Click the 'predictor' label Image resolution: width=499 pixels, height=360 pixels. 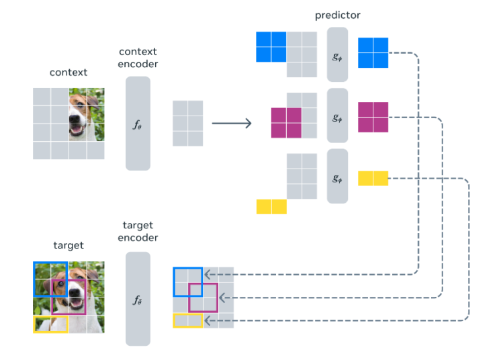coord(338,15)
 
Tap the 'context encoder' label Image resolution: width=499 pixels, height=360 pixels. coord(138,58)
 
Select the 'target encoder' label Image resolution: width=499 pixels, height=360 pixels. coord(138,232)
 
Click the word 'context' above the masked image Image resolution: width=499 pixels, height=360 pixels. coord(69,73)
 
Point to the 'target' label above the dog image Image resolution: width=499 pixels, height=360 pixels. coord(69,245)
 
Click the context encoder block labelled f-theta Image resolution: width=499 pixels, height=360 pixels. coord(138,123)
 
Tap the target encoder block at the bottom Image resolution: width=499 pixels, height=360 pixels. coord(138,299)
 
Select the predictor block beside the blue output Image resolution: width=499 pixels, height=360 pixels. coord(337,54)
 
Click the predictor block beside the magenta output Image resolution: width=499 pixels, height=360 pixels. coord(337,116)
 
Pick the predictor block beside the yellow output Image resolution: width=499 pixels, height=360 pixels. coord(337,176)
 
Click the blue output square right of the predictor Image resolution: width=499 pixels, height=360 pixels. coord(373,53)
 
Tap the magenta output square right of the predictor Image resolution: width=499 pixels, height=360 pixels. coord(373,117)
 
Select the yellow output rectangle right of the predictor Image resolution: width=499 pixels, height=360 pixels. coord(373,178)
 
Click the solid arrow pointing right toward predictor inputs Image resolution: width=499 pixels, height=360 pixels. coord(232,123)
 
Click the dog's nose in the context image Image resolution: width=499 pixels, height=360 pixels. coord(75,119)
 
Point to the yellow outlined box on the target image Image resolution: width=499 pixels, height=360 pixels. coord(51,316)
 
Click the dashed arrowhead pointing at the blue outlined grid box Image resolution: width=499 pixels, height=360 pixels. coord(207,275)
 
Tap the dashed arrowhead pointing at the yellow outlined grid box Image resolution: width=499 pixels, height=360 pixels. coord(207,320)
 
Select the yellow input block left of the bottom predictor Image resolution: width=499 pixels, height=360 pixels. coord(271,207)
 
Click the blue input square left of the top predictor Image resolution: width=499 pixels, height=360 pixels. coord(271,47)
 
